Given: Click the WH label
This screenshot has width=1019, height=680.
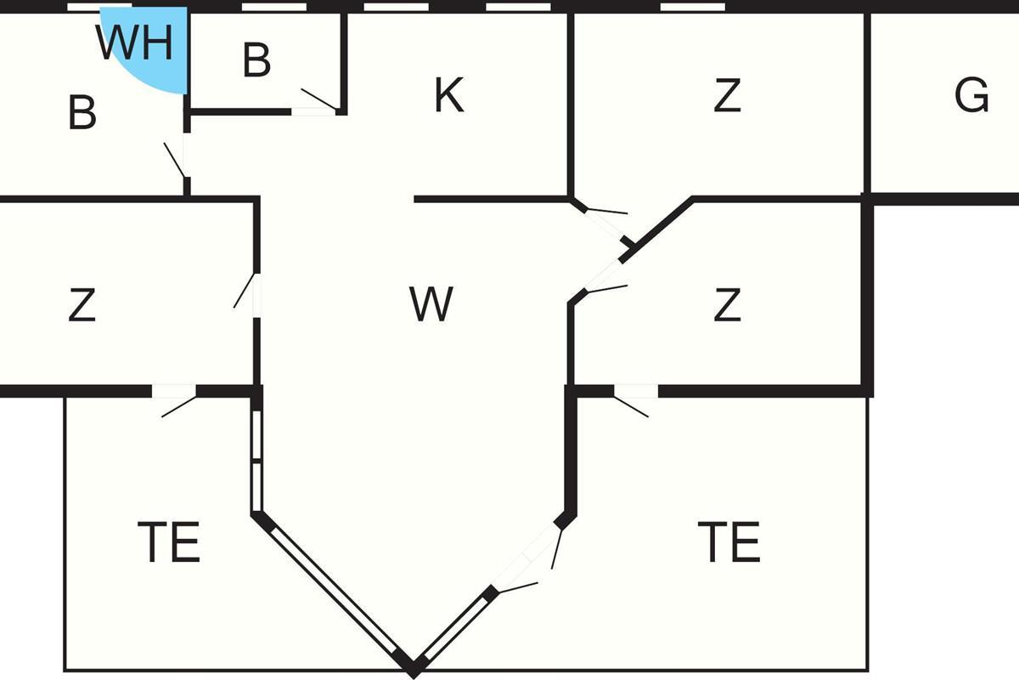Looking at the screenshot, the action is pyautogui.click(x=135, y=42).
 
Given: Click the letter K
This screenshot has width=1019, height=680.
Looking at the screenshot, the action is pyautogui.click(x=449, y=94).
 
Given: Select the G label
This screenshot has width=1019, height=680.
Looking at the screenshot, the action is pyautogui.click(x=971, y=94).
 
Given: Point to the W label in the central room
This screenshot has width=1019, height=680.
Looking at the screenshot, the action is pyautogui.click(x=431, y=303).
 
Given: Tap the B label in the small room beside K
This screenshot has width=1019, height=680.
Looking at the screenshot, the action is pyautogui.click(x=256, y=59).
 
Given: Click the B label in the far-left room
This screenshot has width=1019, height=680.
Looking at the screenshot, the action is pyautogui.click(x=82, y=112).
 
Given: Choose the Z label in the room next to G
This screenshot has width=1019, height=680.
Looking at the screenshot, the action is pyautogui.click(x=727, y=94).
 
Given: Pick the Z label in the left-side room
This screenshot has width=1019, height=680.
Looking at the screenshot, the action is pyautogui.click(x=82, y=303).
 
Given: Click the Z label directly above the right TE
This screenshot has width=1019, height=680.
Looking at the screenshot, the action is pyautogui.click(x=727, y=303).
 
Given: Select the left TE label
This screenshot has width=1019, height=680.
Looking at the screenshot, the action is pyautogui.click(x=169, y=541).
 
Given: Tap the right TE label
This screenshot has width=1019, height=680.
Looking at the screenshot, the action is pyautogui.click(x=729, y=541).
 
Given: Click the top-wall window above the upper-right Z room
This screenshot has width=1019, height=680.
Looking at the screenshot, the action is pyautogui.click(x=692, y=7).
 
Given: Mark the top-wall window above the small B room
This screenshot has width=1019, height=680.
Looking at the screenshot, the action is pyautogui.click(x=273, y=7).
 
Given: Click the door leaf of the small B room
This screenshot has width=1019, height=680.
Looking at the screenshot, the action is pyautogui.click(x=319, y=99).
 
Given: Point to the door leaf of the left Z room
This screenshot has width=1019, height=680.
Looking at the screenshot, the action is pyautogui.click(x=245, y=290).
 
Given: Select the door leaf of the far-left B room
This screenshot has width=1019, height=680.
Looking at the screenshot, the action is pyautogui.click(x=175, y=160).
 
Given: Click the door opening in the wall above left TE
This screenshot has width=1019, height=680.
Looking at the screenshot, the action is pyautogui.click(x=174, y=391).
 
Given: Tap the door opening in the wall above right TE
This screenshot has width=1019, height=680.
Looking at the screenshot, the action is pyautogui.click(x=636, y=391).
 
